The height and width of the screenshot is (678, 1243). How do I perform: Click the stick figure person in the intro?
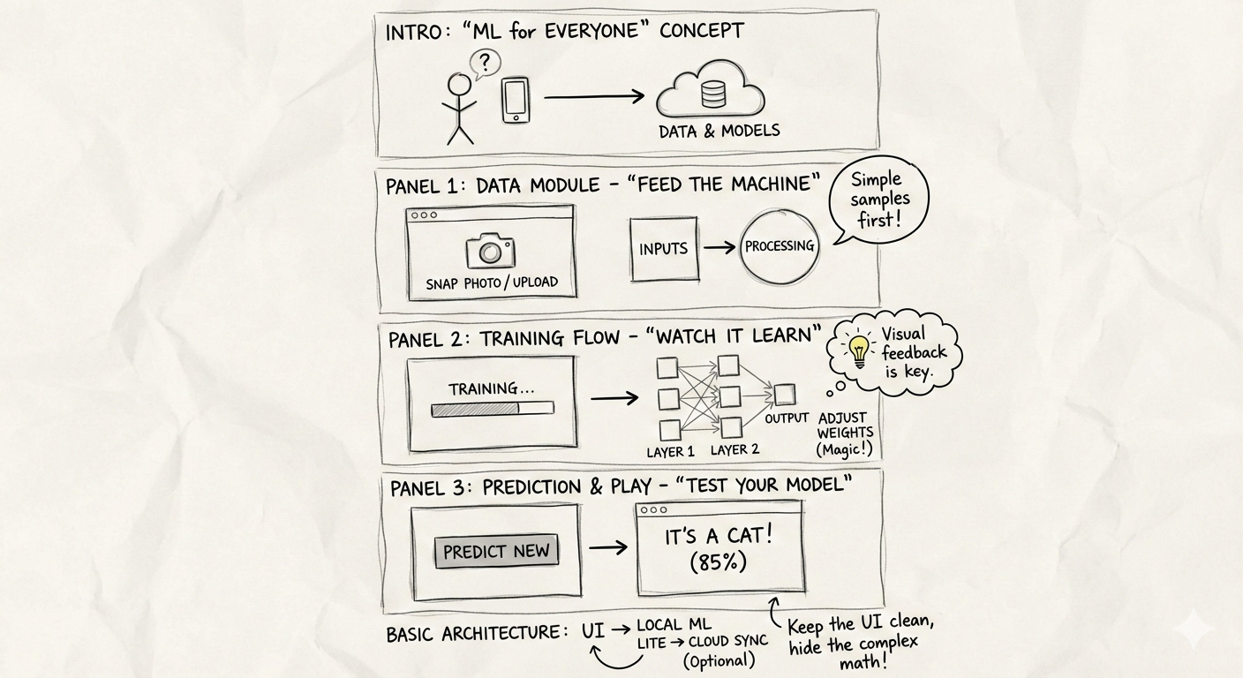click(x=460, y=108)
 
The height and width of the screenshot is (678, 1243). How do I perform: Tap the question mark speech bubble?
click(x=485, y=64)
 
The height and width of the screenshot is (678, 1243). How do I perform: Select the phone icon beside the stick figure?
click(x=516, y=100)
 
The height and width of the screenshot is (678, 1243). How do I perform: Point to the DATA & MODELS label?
click(x=719, y=131)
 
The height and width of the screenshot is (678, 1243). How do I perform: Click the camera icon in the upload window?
click(x=491, y=252)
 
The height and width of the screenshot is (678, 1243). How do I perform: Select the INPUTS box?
click(x=664, y=249)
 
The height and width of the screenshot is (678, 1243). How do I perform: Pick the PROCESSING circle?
click(x=780, y=247)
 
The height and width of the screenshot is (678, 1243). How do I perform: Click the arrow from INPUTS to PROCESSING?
click(x=719, y=248)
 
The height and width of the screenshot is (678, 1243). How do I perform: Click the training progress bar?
click(x=492, y=409)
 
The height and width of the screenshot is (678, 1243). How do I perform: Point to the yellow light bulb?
click(x=858, y=350)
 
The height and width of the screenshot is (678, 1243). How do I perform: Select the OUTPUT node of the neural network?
click(x=784, y=395)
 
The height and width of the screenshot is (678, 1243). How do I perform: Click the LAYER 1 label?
click(x=670, y=451)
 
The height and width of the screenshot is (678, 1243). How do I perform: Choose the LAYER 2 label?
click(x=735, y=449)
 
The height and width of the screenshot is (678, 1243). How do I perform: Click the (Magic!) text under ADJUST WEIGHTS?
click(x=846, y=449)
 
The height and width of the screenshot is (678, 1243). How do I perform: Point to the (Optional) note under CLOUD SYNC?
click(x=719, y=660)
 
